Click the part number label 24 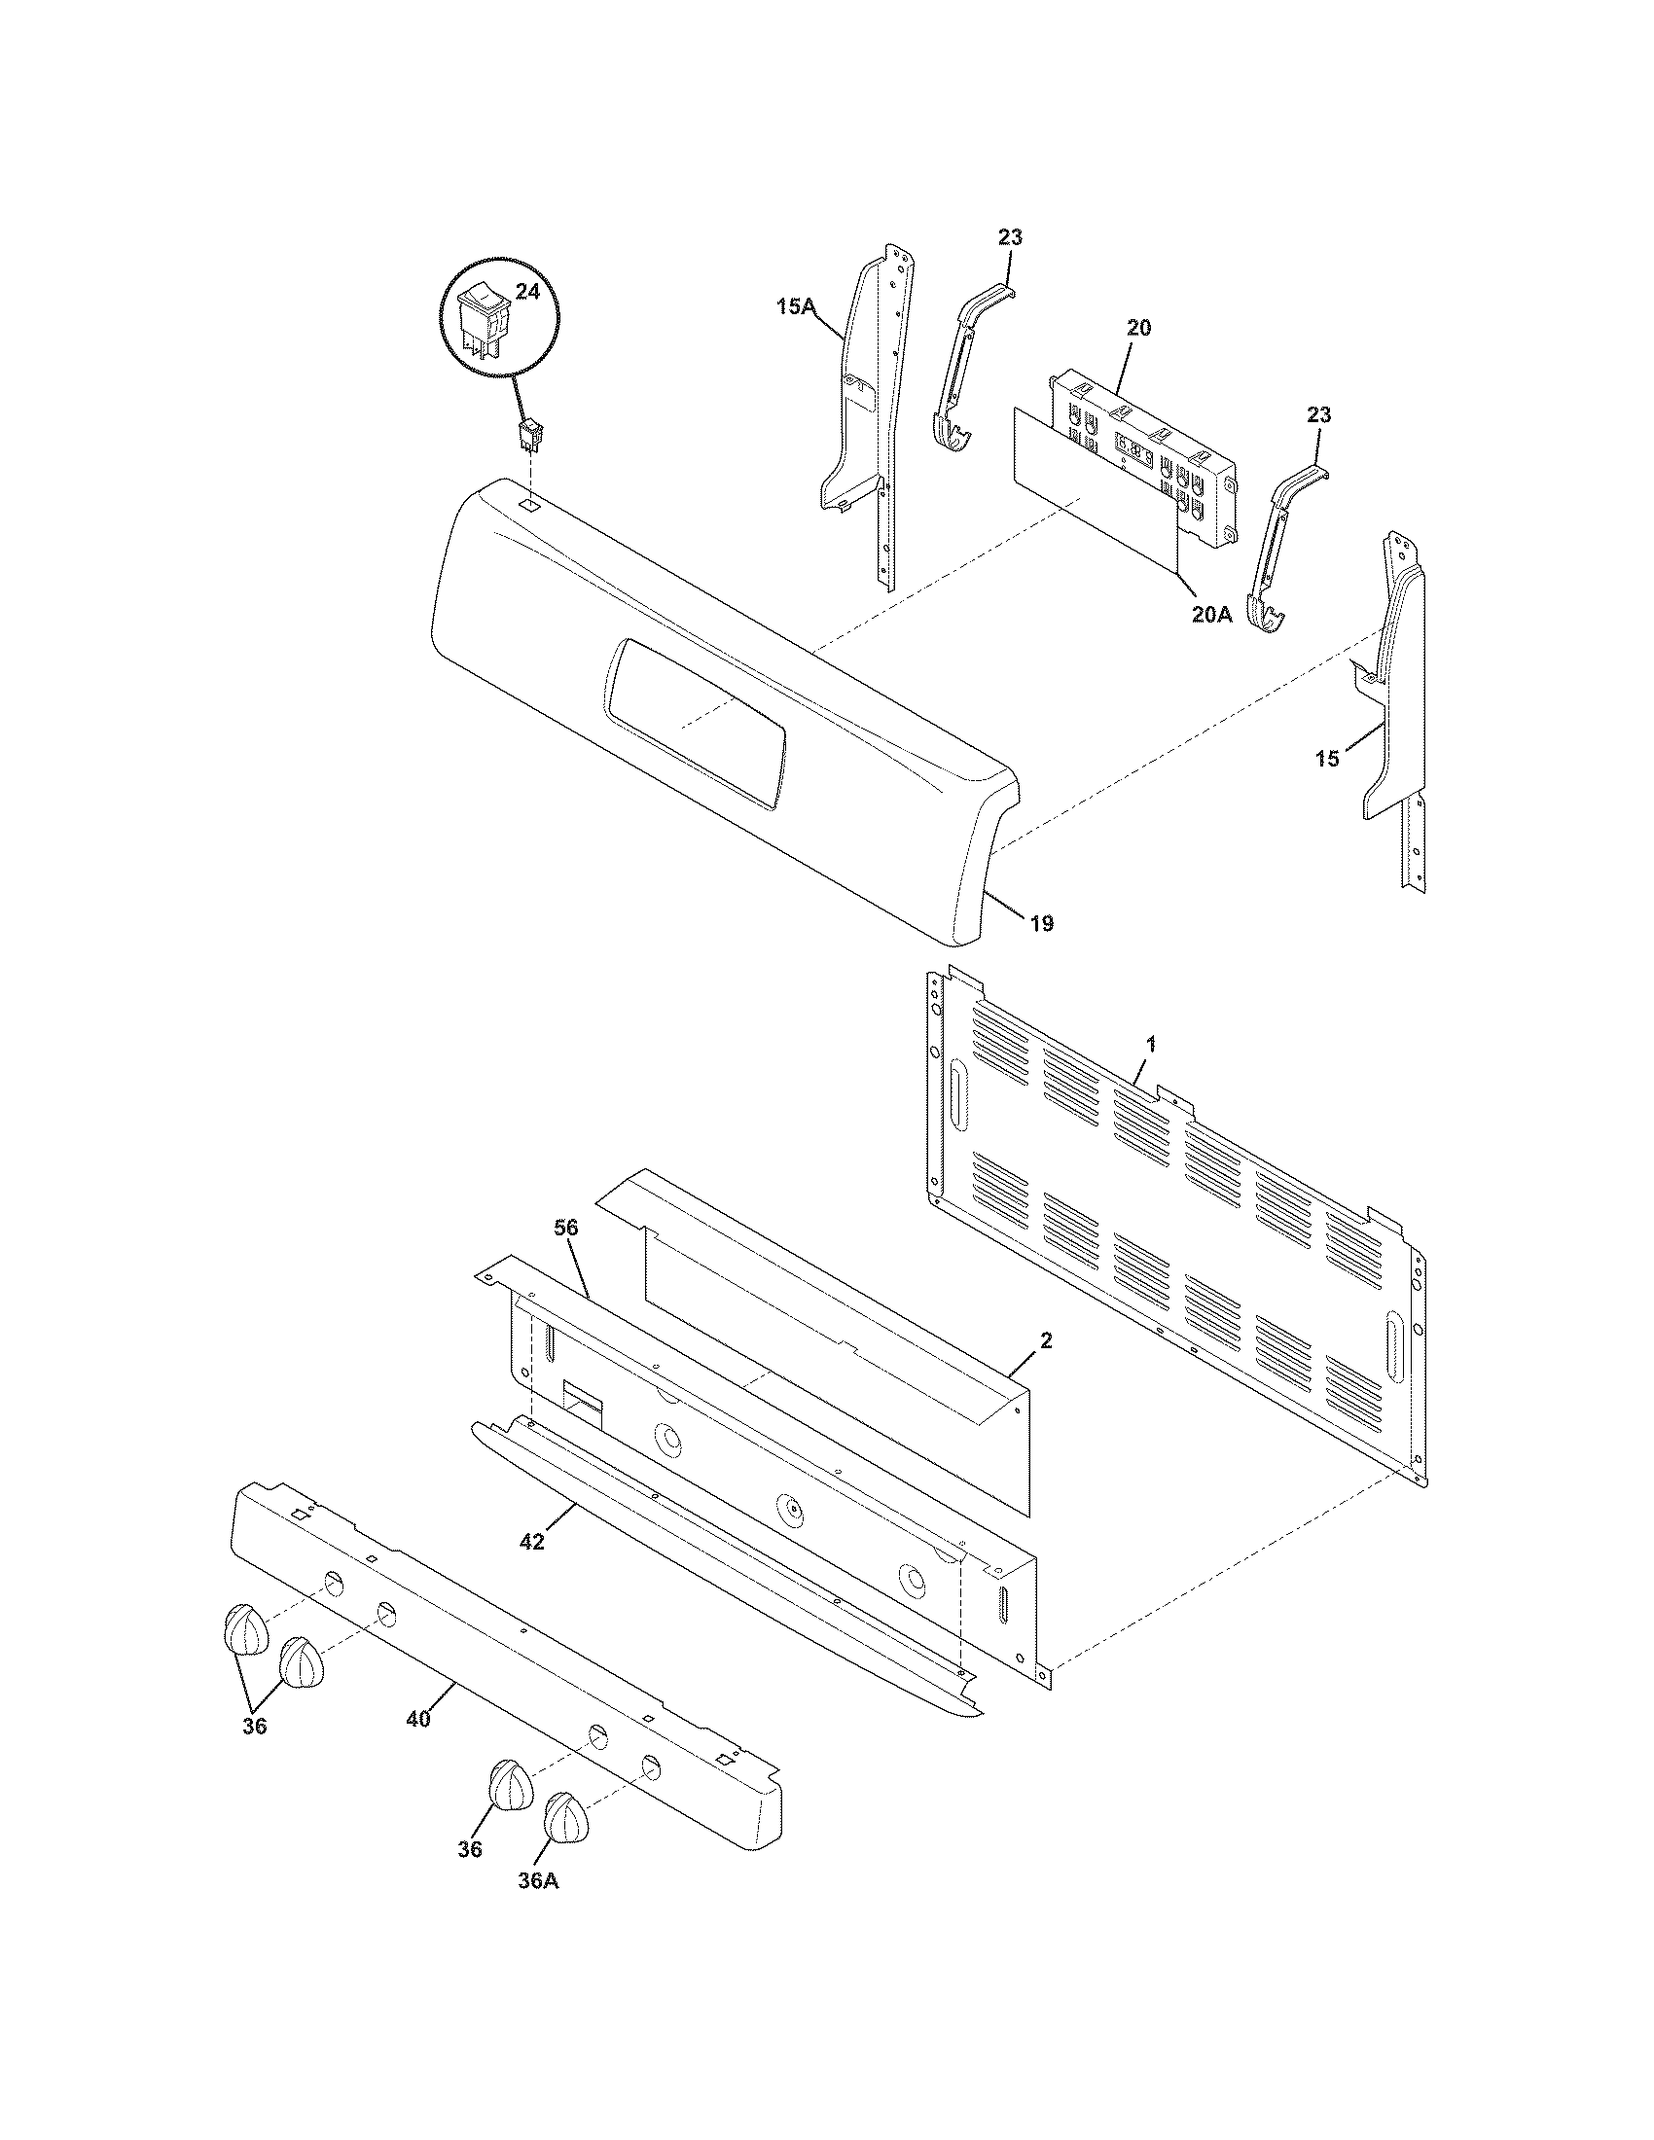pyautogui.click(x=526, y=292)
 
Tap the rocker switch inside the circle pyautogui.click(x=485, y=318)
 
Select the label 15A pyautogui.click(x=796, y=306)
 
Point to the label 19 pyautogui.click(x=1042, y=922)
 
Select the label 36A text pyautogui.click(x=538, y=1881)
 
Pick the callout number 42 pyautogui.click(x=531, y=1542)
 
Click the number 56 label pyautogui.click(x=566, y=1228)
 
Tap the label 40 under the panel pyautogui.click(x=417, y=1719)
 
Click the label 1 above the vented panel pyautogui.click(x=1151, y=1046)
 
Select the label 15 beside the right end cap pyautogui.click(x=1327, y=759)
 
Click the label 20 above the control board pyautogui.click(x=1138, y=327)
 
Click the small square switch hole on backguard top pyautogui.click(x=528, y=505)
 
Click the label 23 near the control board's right pyautogui.click(x=1319, y=414)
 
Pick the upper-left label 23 pyautogui.click(x=1010, y=237)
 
